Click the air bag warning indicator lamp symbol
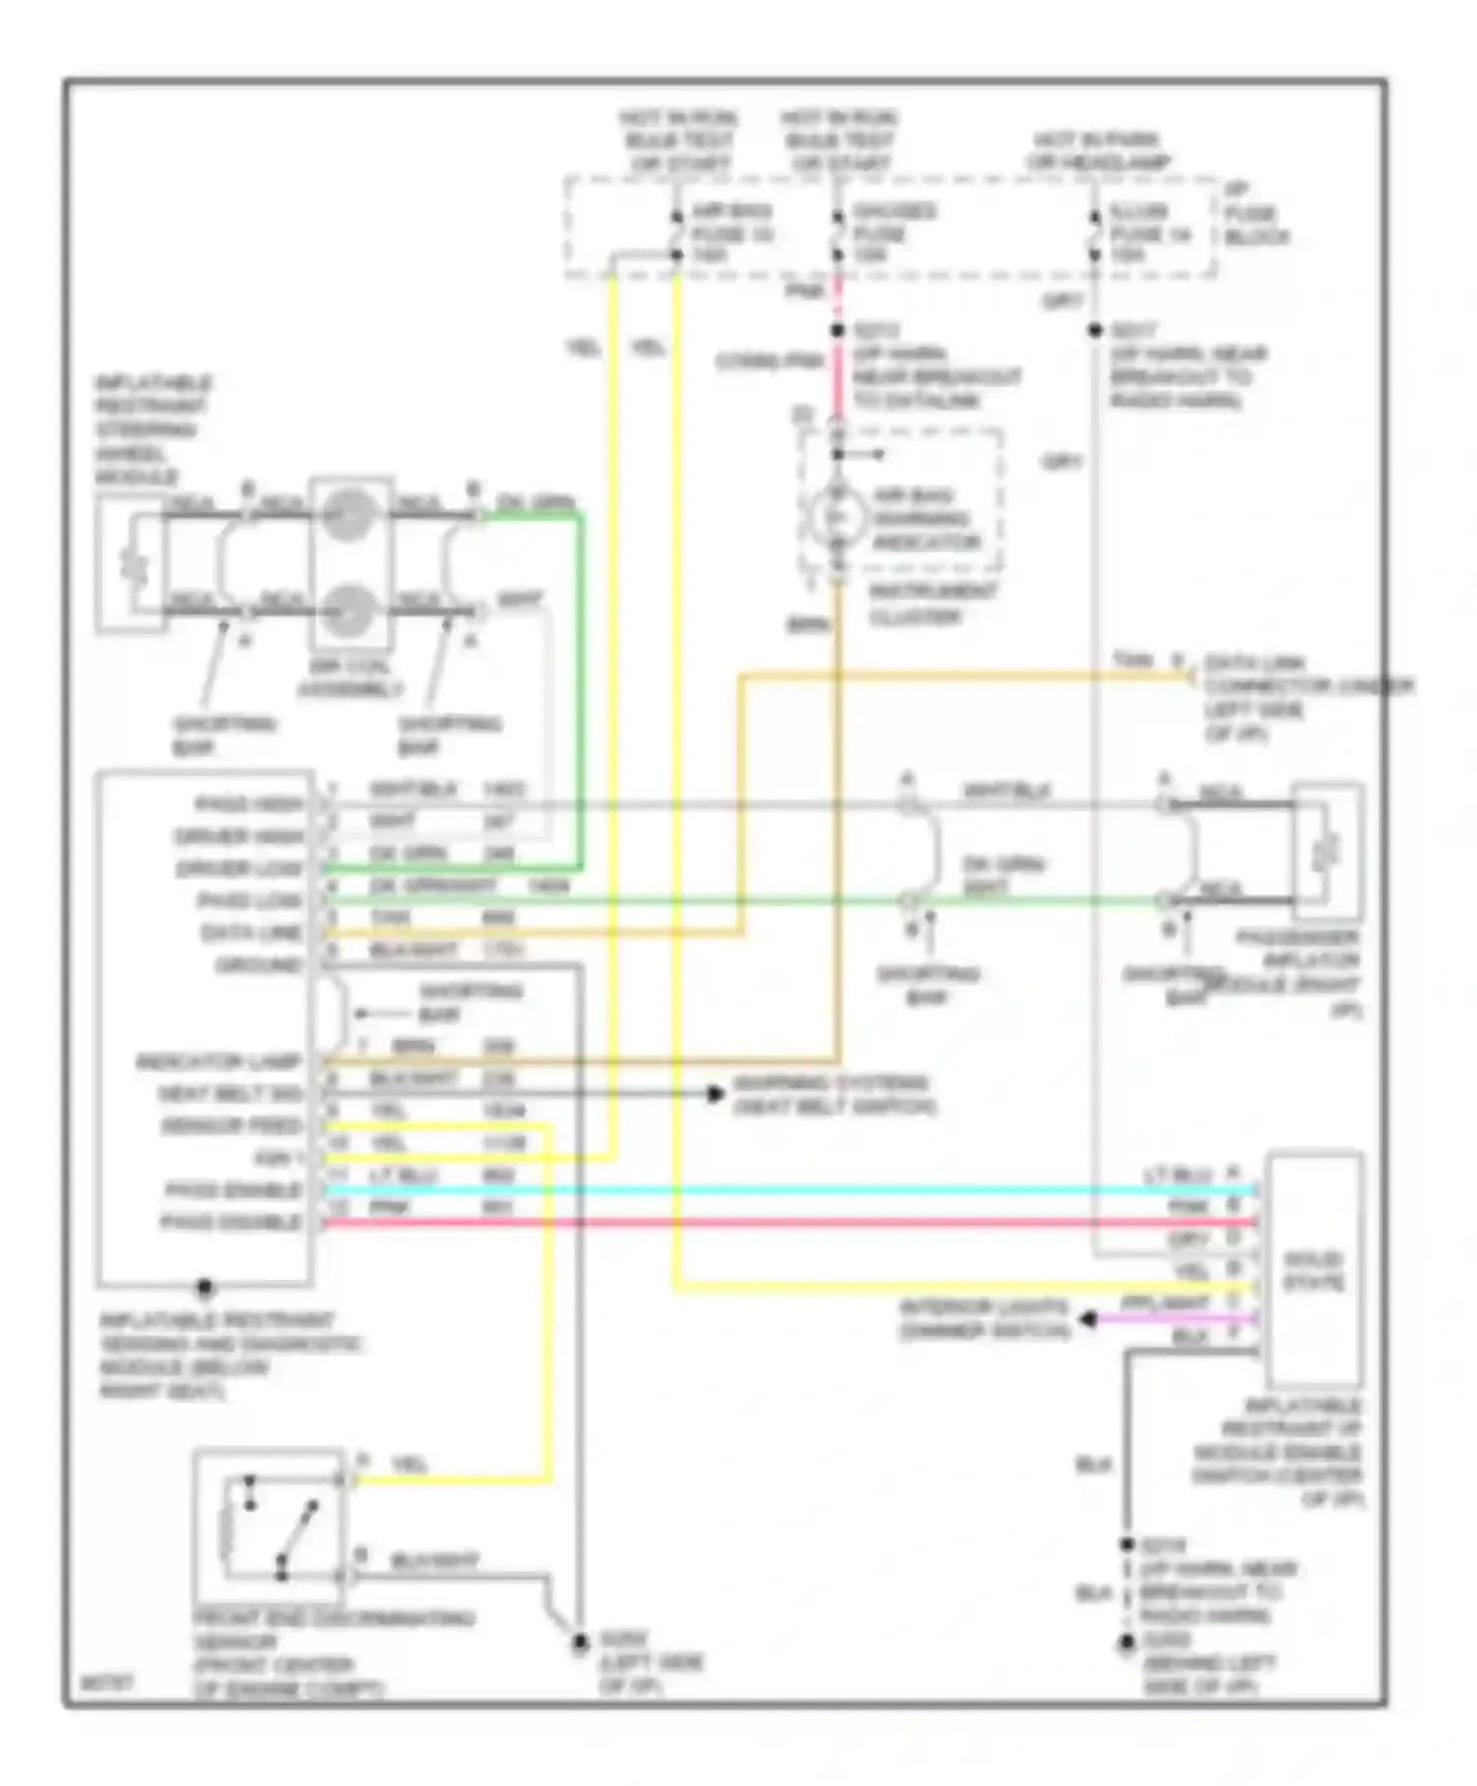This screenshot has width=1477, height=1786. coord(837,517)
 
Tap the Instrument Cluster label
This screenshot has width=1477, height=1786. coord(931,605)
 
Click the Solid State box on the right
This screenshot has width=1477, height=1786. coord(1314,1270)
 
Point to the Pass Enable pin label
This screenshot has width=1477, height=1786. coord(232,1190)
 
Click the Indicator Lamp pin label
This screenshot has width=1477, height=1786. coord(218,1062)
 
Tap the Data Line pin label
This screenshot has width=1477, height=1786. coord(251,932)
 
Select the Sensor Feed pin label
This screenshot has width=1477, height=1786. coord(231,1125)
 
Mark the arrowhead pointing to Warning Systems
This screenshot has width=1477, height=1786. coord(717,1094)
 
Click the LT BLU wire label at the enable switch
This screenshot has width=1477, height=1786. coord(1179,1176)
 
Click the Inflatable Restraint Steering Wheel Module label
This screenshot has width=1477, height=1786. coord(153,429)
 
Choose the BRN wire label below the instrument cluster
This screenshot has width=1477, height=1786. coord(808,624)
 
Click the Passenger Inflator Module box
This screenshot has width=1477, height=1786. coord(1327,852)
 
